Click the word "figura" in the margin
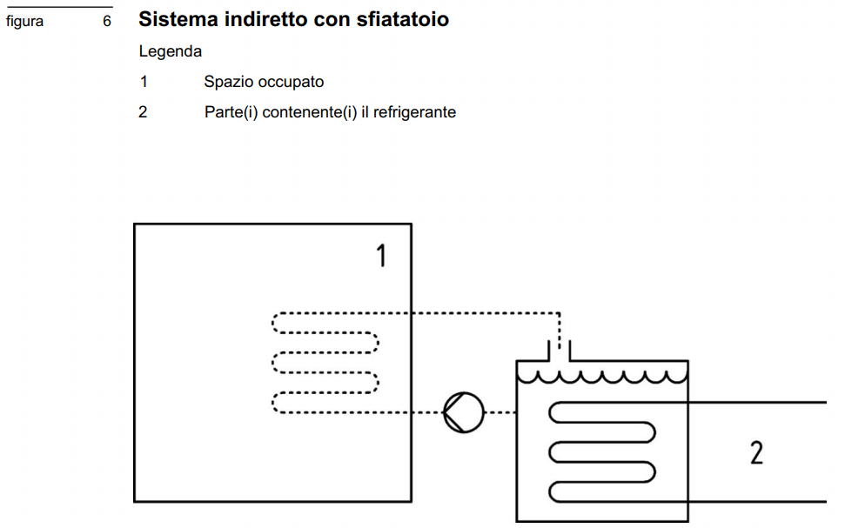tap(24, 21)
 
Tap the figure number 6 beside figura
tap(107, 21)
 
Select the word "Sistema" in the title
tap(175, 18)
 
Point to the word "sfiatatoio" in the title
tap(402, 18)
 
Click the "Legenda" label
tap(171, 51)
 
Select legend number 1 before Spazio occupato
tap(143, 82)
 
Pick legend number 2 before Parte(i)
tap(143, 112)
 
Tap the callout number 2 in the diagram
tap(756, 452)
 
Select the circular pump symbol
tap(464, 412)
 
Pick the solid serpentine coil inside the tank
tap(601, 452)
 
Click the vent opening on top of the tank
tap(559, 352)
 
